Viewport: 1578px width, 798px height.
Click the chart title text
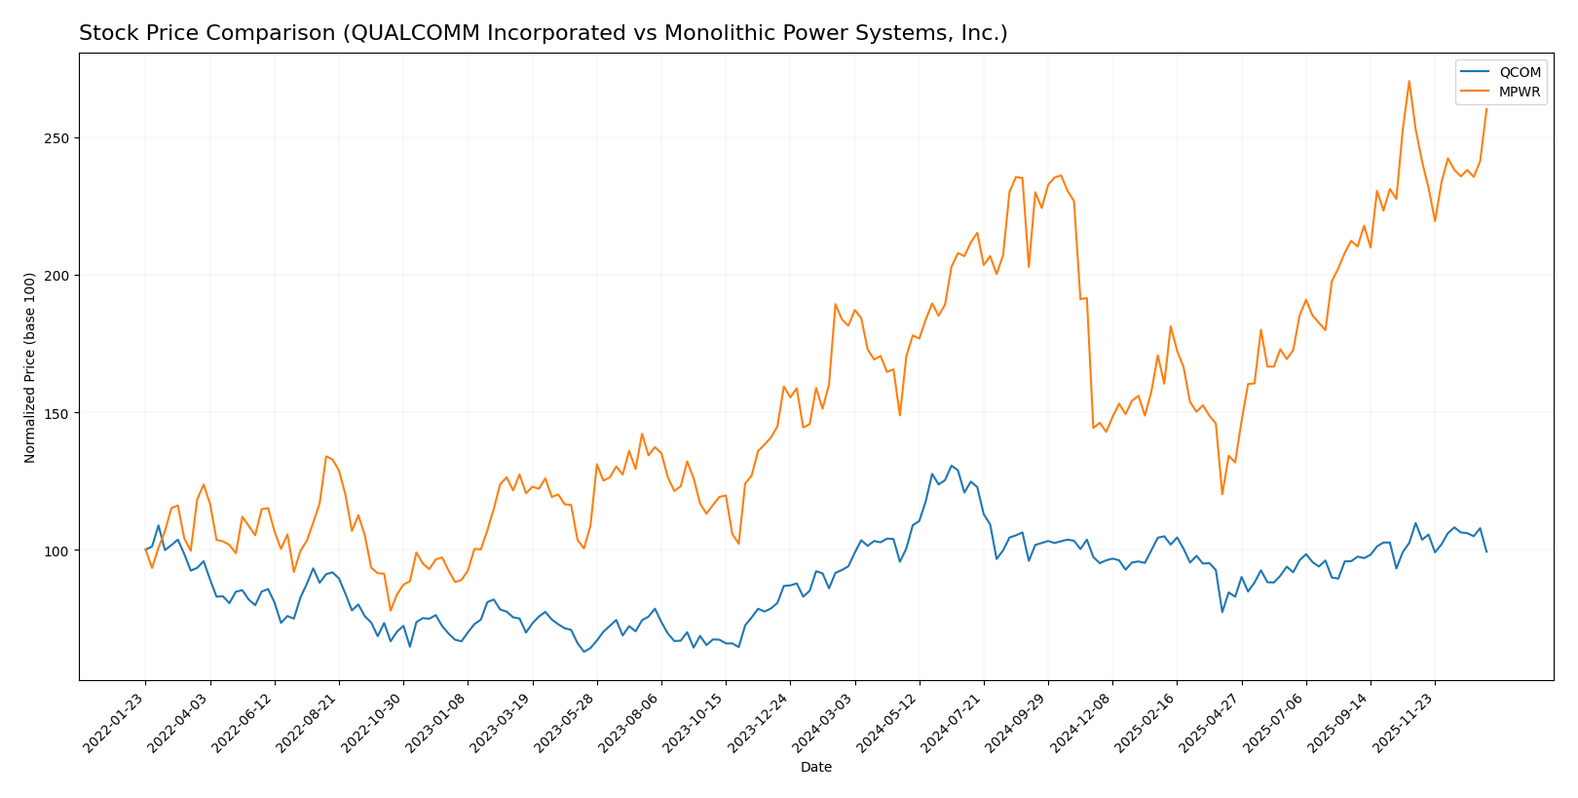tap(543, 34)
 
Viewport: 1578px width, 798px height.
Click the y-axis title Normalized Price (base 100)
tap(30, 367)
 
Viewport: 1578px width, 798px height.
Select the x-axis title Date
tap(815, 768)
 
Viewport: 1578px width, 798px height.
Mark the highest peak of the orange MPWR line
tap(1409, 81)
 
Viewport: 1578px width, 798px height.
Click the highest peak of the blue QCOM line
tap(952, 466)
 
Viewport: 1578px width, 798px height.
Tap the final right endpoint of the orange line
tap(1486, 109)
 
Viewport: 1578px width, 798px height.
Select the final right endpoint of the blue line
tap(1486, 551)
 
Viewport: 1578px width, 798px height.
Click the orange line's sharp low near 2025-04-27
tap(1222, 494)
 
